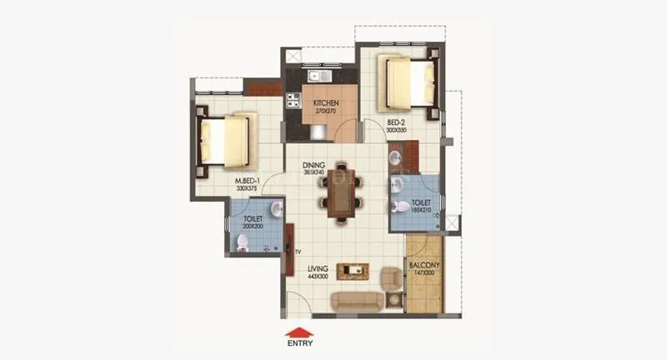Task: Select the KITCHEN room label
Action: point(324,103)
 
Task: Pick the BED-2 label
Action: point(395,122)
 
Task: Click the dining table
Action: point(341,194)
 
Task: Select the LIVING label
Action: point(317,268)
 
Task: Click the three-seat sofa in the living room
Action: point(357,302)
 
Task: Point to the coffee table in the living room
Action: point(359,270)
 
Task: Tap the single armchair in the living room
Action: point(390,279)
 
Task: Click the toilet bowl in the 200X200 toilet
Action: point(243,242)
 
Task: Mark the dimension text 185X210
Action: point(420,208)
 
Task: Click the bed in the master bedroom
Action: point(223,140)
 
